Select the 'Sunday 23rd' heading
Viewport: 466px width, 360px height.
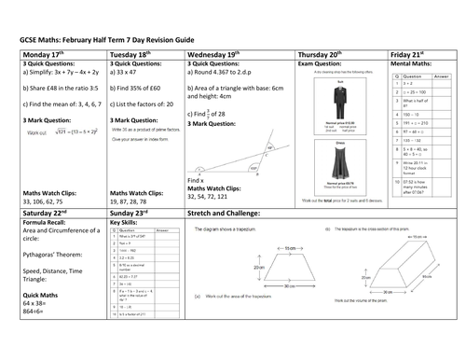point(132,213)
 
